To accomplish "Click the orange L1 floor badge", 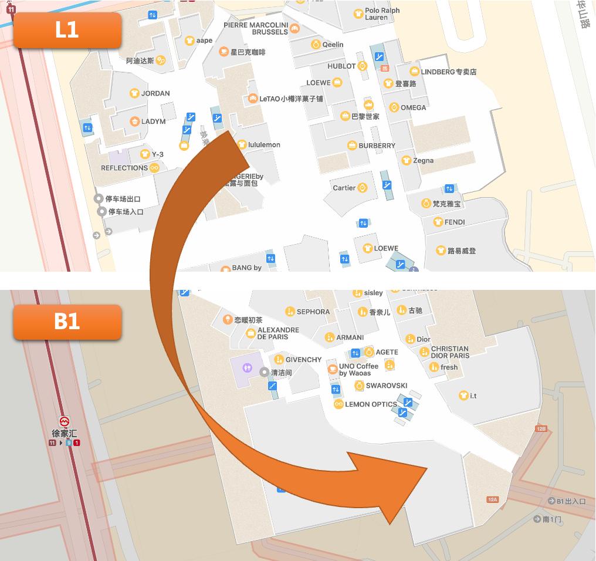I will point(67,30).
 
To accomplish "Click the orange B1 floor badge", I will point(67,322).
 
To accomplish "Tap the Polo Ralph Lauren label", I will point(382,13).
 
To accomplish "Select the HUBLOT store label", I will point(341,66).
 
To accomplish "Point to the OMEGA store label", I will point(413,107).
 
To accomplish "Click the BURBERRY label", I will point(377,146).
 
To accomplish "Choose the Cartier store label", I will point(344,188).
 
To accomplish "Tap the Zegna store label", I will point(423,160).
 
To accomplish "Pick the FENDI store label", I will point(455,222).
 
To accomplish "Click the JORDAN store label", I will point(155,93).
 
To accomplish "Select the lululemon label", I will point(264,144).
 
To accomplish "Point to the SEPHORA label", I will point(313,312).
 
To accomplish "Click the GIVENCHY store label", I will point(303,360).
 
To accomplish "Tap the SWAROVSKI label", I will point(386,386).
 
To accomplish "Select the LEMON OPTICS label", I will point(371,404).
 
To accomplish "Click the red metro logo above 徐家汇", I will point(65,421).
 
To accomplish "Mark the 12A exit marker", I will point(493,499).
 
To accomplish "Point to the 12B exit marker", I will point(541,429).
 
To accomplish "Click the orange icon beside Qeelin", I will point(316,45).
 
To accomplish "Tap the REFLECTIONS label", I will point(124,168).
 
